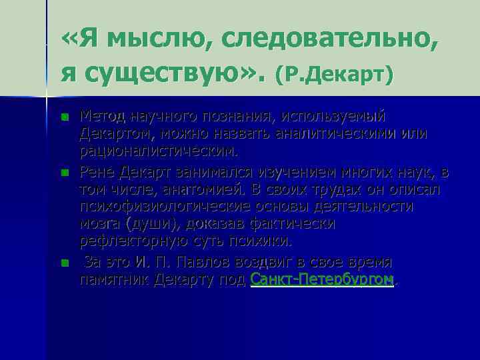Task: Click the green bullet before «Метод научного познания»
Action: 64,117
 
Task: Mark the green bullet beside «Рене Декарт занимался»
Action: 64,173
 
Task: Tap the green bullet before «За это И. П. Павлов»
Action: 64,263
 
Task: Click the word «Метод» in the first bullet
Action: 101,117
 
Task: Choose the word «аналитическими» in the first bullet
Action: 353,133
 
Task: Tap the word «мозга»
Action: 101,223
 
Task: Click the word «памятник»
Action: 114,279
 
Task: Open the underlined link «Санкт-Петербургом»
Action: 322,279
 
